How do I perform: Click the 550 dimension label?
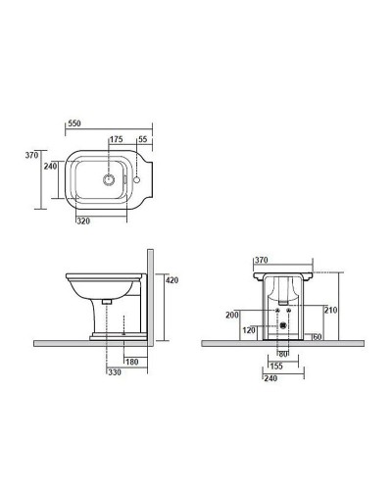coord(74,123)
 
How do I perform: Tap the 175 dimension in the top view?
coord(116,139)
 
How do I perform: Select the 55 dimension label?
coord(143,139)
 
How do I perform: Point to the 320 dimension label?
coord(83,221)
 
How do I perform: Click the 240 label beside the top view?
coord(50,166)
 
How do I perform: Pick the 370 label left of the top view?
coord(31,155)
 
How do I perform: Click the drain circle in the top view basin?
coord(109,179)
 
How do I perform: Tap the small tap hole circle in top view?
coord(137,179)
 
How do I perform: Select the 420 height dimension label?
coord(172,280)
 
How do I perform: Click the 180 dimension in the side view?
coord(132,362)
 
